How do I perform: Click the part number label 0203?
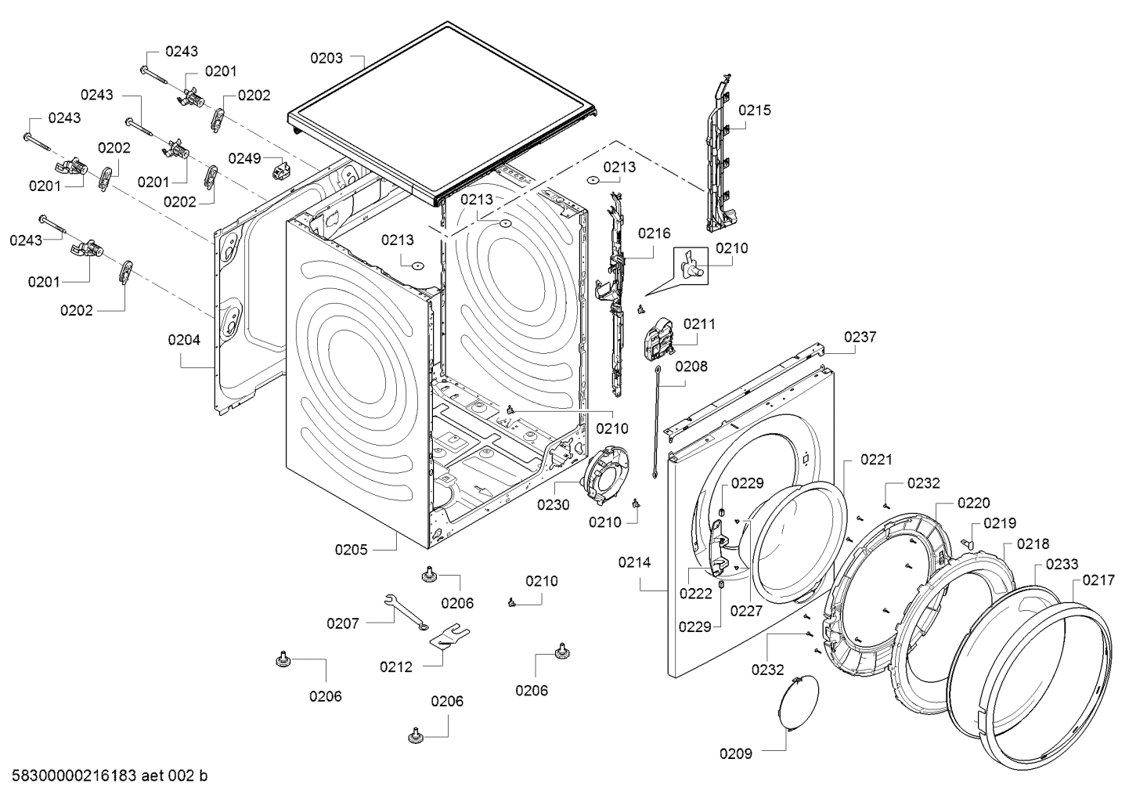326,57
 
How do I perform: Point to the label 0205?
352,549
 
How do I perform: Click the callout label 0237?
860,337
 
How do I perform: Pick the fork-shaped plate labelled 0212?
450,635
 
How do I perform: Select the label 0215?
755,110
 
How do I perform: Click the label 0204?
183,340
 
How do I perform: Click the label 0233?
1062,564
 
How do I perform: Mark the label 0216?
654,233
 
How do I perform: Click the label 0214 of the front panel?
634,562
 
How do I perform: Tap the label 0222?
695,593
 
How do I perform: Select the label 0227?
746,611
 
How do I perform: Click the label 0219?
1001,522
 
